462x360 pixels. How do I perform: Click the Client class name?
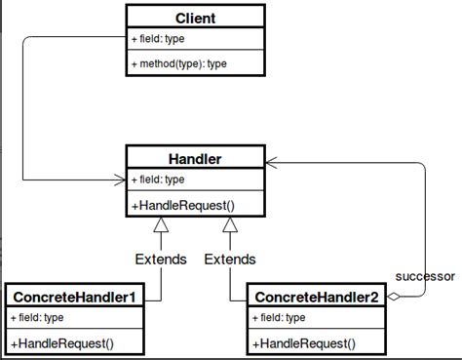[x=196, y=18]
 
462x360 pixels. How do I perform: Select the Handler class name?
[x=196, y=157]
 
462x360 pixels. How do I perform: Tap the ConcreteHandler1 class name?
[x=75, y=295]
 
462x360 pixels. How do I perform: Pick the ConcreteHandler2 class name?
[x=317, y=295]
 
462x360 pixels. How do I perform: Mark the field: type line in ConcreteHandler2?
[x=281, y=317]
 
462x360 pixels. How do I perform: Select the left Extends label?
[x=160, y=259]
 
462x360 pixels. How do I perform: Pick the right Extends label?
[x=230, y=259]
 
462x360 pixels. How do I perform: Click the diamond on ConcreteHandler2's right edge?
[x=395, y=296]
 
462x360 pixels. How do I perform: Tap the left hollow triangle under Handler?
[x=160, y=226]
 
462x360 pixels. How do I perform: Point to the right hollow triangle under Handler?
[x=230, y=226]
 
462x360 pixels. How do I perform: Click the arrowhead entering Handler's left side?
[x=119, y=180]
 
